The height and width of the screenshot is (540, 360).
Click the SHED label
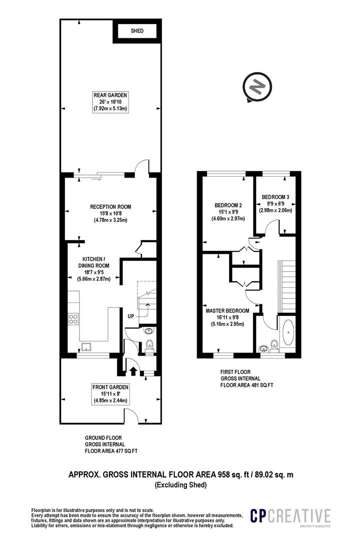137,31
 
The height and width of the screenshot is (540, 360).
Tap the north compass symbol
257,87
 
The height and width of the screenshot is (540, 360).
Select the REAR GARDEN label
110,95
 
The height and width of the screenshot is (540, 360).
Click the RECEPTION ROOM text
110,206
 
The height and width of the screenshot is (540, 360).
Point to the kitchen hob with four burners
73,318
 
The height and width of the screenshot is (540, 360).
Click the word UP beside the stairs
131,316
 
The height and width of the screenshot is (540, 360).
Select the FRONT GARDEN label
110,387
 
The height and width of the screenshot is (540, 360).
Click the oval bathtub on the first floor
288,332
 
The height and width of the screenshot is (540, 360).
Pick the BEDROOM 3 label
275,197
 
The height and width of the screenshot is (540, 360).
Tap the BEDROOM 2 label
228,205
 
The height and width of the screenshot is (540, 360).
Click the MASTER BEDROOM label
227,310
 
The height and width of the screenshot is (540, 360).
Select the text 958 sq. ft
234,474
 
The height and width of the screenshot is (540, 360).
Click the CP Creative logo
290,516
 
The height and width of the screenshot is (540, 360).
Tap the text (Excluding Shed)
181,485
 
